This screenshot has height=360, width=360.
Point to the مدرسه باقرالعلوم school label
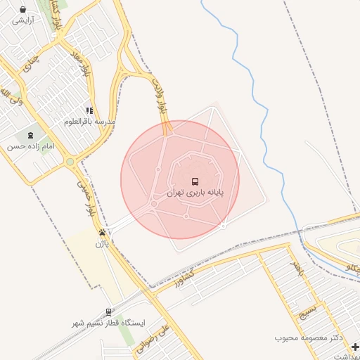point(89,121)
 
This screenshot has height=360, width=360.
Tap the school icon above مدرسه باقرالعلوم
point(89,110)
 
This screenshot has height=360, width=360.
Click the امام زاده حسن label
point(30,146)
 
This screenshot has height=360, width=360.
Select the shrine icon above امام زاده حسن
point(30,135)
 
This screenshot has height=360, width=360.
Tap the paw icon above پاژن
point(103,232)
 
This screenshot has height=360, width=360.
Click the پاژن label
point(103,243)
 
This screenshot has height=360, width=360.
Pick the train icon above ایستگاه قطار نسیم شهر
point(108,311)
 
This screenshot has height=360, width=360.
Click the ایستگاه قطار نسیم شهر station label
point(108,323)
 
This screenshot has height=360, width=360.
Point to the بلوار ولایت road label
point(157,96)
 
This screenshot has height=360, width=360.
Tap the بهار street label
point(297,268)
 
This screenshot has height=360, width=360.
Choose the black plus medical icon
point(355,346)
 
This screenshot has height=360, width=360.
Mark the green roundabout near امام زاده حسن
point(70,162)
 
